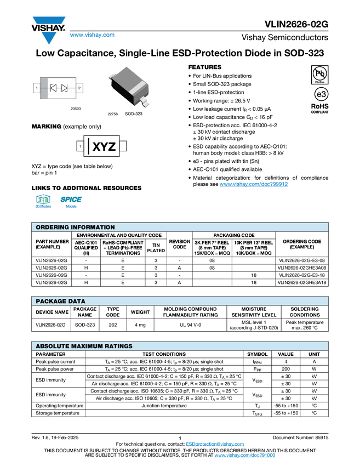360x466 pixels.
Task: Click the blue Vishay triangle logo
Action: click(x=49, y=38)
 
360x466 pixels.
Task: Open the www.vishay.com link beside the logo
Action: click(x=92, y=35)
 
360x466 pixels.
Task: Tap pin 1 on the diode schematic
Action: click(x=37, y=88)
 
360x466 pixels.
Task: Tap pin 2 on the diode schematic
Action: click(x=79, y=88)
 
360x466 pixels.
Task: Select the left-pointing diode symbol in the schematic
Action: click(x=54, y=88)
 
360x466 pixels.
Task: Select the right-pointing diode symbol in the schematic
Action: click(x=64, y=88)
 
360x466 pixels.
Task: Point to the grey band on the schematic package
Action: click(x=44, y=88)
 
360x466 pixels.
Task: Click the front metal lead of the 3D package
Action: click(x=146, y=101)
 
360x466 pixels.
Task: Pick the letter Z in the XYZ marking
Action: click(x=111, y=147)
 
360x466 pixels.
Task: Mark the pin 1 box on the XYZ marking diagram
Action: click(x=80, y=146)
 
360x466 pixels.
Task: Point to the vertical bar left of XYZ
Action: click(x=89, y=146)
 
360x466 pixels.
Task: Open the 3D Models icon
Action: click(x=43, y=202)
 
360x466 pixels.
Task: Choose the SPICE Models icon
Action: click(x=71, y=202)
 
